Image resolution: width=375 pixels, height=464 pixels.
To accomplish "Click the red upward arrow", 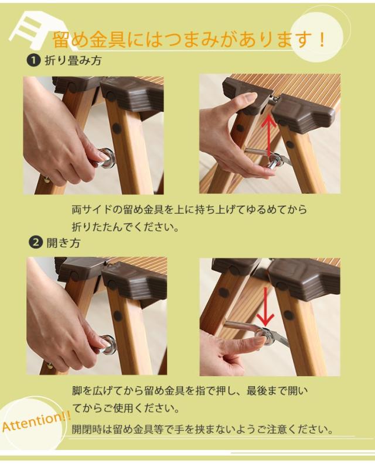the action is tap(269, 135).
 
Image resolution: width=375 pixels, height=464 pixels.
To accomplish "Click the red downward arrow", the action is tap(265, 305).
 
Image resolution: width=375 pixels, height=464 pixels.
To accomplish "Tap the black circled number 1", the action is tap(33, 60).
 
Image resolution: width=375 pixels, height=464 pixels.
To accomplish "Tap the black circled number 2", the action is tap(35, 243).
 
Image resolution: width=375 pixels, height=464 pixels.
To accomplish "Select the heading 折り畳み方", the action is tap(73, 60).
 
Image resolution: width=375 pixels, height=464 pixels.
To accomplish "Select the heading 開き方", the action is tap(63, 243).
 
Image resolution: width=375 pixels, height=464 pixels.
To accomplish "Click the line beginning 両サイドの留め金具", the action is tap(189, 209).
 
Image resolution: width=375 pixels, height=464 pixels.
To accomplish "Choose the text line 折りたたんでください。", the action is tap(126, 227).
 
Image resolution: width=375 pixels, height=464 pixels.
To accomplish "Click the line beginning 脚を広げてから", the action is tap(190, 391).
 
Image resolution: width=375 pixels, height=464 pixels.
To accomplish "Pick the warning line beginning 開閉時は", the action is tap(203, 429).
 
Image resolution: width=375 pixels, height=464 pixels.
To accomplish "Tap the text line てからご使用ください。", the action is tap(127, 408).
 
